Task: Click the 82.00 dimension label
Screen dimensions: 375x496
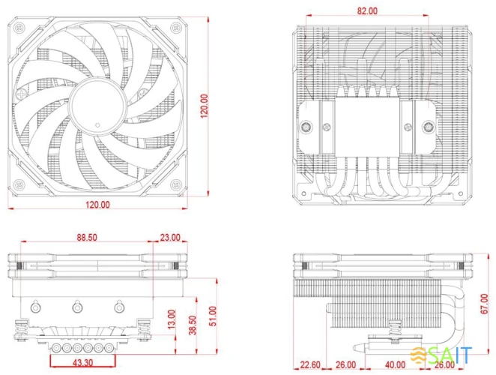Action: click(x=368, y=11)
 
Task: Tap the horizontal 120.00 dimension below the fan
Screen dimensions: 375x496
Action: click(x=97, y=204)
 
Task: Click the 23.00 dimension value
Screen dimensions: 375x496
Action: click(x=170, y=238)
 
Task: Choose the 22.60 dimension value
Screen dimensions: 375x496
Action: click(x=311, y=364)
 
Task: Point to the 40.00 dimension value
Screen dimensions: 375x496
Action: click(x=395, y=364)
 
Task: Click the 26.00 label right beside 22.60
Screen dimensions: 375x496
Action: click(x=346, y=364)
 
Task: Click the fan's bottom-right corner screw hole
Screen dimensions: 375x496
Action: click(x=175, y=184)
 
